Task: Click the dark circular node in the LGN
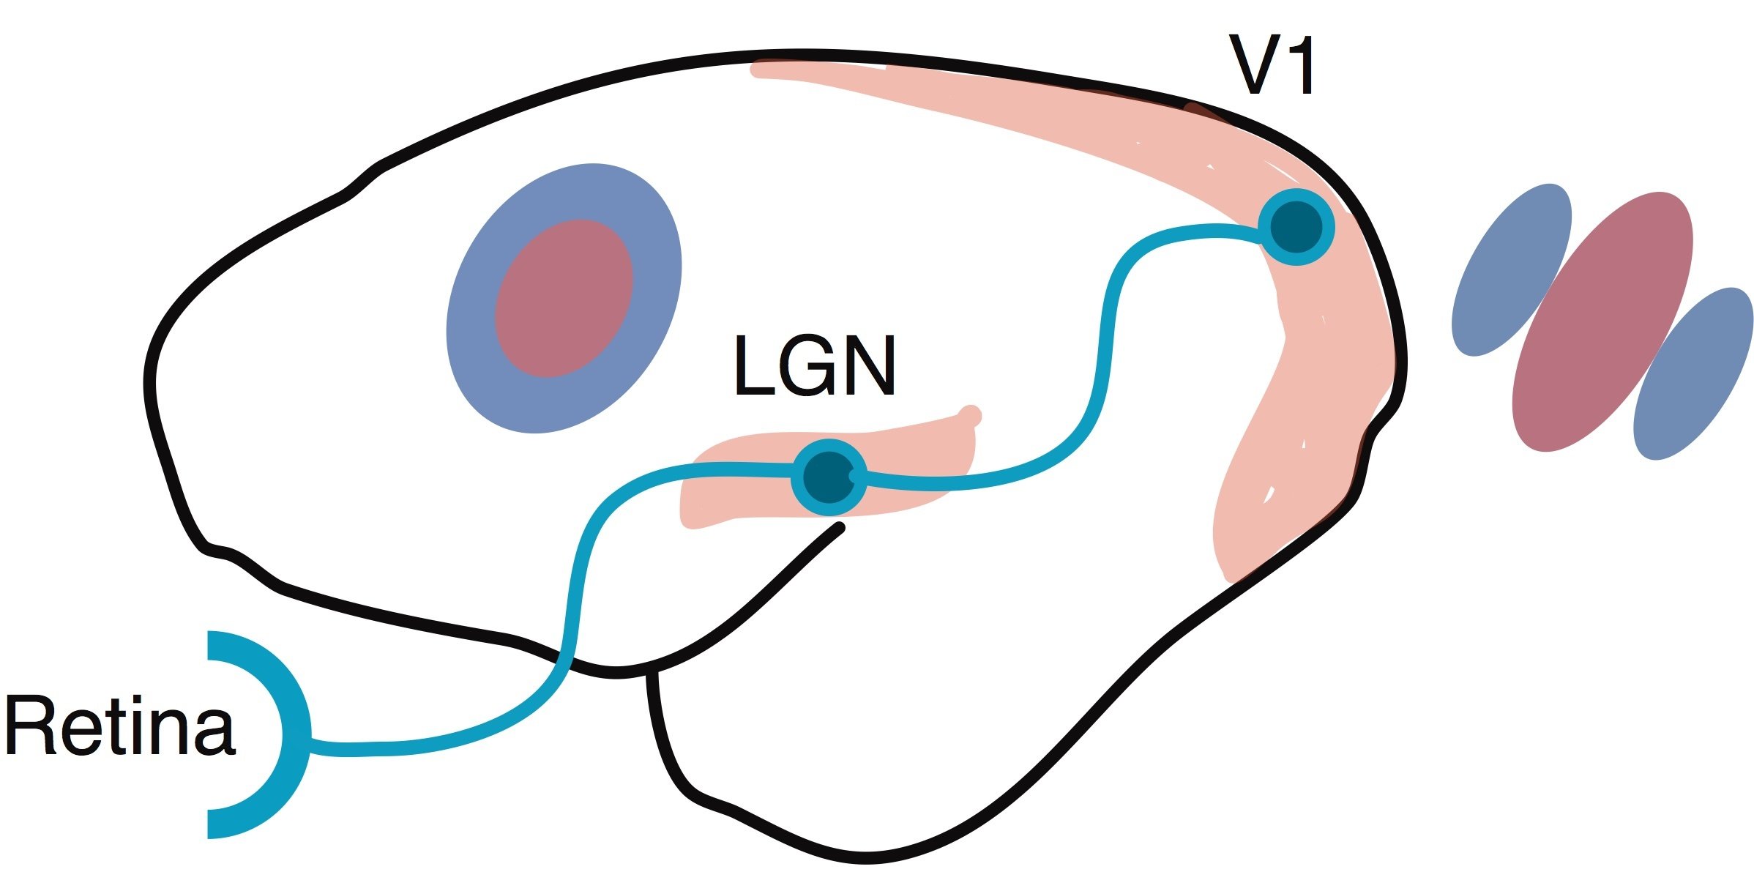829,477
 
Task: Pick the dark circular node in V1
1296,227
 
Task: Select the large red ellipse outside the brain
1602,322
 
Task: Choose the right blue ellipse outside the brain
1693,373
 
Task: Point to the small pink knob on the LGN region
971,415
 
